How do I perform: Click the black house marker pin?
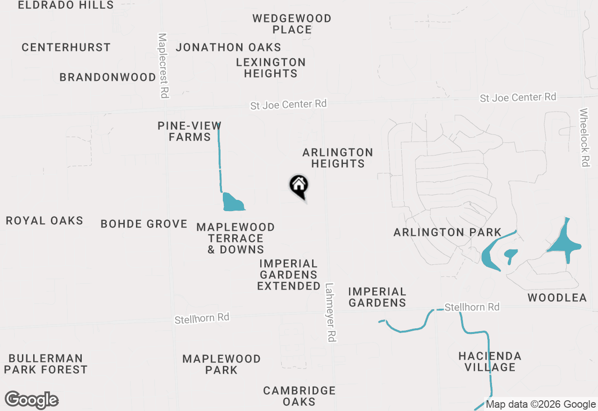(299, 186)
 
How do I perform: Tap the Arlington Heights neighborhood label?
(338, 158)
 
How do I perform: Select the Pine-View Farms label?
(189, 131)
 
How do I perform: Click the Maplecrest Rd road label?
(163, 65)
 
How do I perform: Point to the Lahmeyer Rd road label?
(331, 312)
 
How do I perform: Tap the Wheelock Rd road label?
(584, 137)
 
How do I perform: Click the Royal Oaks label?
(44, 220)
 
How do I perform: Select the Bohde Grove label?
(144, 224)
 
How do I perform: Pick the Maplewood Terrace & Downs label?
(235, 238)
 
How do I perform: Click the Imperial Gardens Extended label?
(289, 275)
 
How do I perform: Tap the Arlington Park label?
(447, 232)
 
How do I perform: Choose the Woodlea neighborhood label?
(557, 298)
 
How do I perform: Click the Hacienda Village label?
(490, 361)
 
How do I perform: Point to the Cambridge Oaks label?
(299, 396)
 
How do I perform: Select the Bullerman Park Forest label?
(46, 364)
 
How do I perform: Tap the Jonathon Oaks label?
(228, 47)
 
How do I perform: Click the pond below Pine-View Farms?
(232, 202)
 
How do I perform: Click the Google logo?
(32, 400)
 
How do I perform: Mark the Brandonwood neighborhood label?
(107, 77)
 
